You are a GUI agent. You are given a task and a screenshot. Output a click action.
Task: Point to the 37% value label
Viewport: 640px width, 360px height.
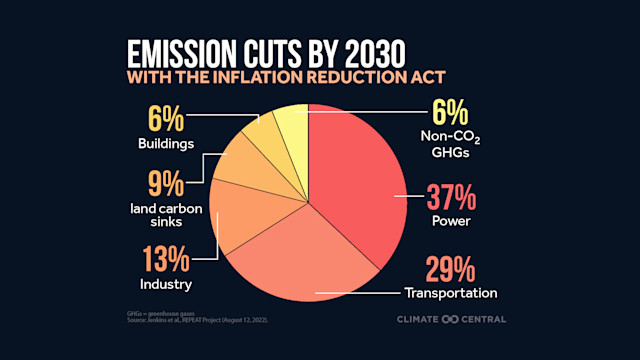pyautogui.click(x=447, y=197)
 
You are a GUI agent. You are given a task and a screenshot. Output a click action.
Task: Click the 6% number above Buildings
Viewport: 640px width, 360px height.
pyautogui.click(x=165, y=121)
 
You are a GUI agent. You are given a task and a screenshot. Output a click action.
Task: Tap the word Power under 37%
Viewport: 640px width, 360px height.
pyautogui.click(x=447, y=220)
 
